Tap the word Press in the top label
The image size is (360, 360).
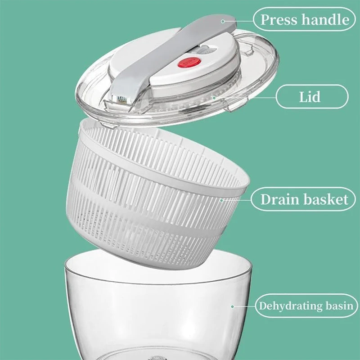tap(279, 19)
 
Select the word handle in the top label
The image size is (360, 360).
tap(325, 19)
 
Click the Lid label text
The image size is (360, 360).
tap(310, 97)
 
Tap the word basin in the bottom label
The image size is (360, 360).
tap(339, 306)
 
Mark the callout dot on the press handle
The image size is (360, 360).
tap(223, 21)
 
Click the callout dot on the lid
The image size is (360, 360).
tap(214, 98)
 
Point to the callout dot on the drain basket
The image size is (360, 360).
tap(221, 200)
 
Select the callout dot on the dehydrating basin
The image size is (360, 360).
tap(232, 306)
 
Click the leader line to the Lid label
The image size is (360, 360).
tap(245, 98)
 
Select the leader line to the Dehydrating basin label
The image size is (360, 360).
tap(244, 306)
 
